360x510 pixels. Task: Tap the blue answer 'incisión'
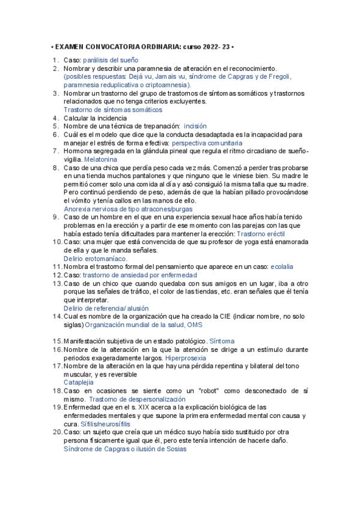point(195,126)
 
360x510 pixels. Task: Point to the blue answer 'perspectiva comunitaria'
point(207,144)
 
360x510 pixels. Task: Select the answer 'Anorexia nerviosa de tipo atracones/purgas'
point(128,209)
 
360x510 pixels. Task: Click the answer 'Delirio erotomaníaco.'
point(96,258)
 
